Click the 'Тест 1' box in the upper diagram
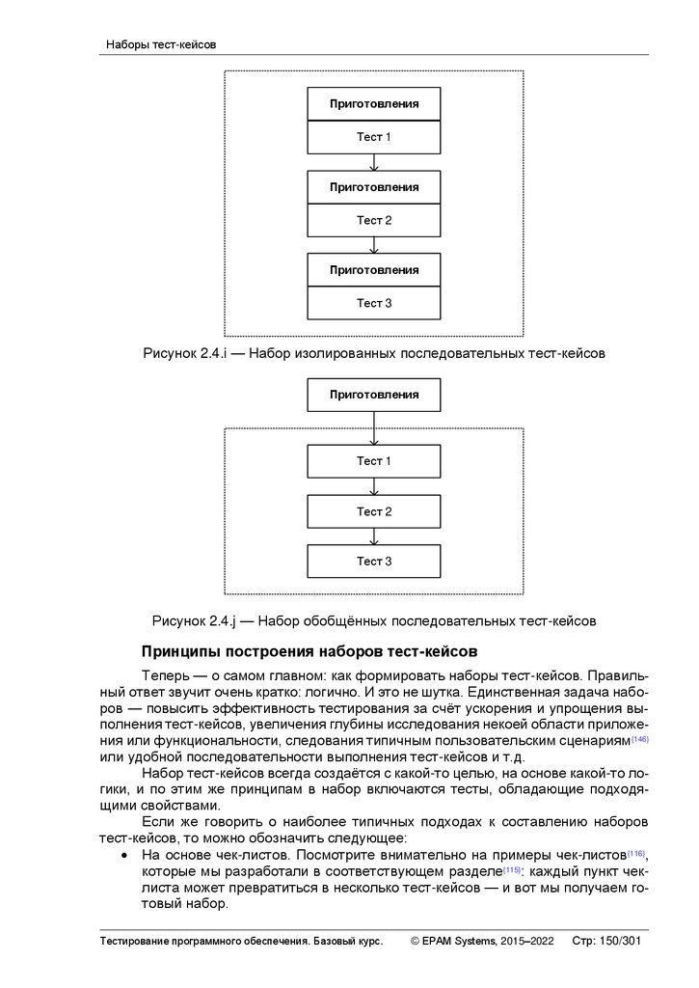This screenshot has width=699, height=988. tap(374, 137)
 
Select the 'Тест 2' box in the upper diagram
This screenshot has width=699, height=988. tap(374, 220)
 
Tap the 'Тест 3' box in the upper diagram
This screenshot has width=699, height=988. tap(374, 303)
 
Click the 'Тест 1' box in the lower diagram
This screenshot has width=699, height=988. tap(374, 461)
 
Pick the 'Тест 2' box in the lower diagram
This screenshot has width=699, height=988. tap(374, 511)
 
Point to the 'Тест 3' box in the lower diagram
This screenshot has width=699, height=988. tap(374, 561)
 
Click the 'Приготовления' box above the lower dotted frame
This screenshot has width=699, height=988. tap(374, 395)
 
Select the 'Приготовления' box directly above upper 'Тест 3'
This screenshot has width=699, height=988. tap(374, 269)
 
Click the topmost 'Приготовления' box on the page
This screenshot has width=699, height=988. tap(374, 103)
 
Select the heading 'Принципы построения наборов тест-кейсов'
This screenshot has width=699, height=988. tap(309, 652)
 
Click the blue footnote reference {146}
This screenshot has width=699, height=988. tap(639, 738)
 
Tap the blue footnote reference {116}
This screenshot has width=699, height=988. tap(635, 854)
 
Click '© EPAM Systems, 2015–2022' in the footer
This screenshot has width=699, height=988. tap(482, 941)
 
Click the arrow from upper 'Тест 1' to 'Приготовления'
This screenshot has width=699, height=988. tap(374, 162)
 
